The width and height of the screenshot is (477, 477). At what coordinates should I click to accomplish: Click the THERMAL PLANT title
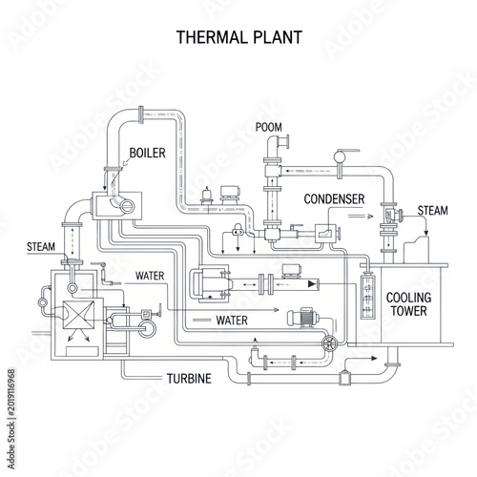(239, 37)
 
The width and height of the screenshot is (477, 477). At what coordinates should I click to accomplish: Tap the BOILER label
(148, 153)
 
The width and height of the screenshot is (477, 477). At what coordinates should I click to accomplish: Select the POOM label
(269, 127)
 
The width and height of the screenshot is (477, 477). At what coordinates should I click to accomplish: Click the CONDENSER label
(334, 199)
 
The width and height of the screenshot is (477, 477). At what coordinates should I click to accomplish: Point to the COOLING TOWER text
(409, 304)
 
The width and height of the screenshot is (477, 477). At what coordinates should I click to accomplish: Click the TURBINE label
(189, 379)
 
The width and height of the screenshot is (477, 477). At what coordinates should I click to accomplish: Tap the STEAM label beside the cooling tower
(433, 211)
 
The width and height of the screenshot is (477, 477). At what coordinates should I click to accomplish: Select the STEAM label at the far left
(41, 247)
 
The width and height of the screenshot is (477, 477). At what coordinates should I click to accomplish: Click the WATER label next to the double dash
(232, 321)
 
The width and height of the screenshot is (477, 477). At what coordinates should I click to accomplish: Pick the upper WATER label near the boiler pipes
(150, 276)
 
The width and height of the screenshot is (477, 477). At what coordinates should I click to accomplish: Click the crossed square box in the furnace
(79, 315)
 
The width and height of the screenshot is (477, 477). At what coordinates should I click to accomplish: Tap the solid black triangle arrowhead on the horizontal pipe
(313, 284)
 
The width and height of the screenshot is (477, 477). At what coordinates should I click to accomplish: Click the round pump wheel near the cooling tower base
(329, 342)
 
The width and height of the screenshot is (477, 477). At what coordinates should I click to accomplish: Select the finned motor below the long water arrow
(302, 318)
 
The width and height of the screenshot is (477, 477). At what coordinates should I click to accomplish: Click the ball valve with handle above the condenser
(340, 156)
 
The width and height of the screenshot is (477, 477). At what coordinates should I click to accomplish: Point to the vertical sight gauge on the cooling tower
(368, 297)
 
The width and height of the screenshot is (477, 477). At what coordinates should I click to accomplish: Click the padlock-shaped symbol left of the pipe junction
(238, 230)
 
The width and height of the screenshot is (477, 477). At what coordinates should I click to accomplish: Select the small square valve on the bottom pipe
(344, 378)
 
